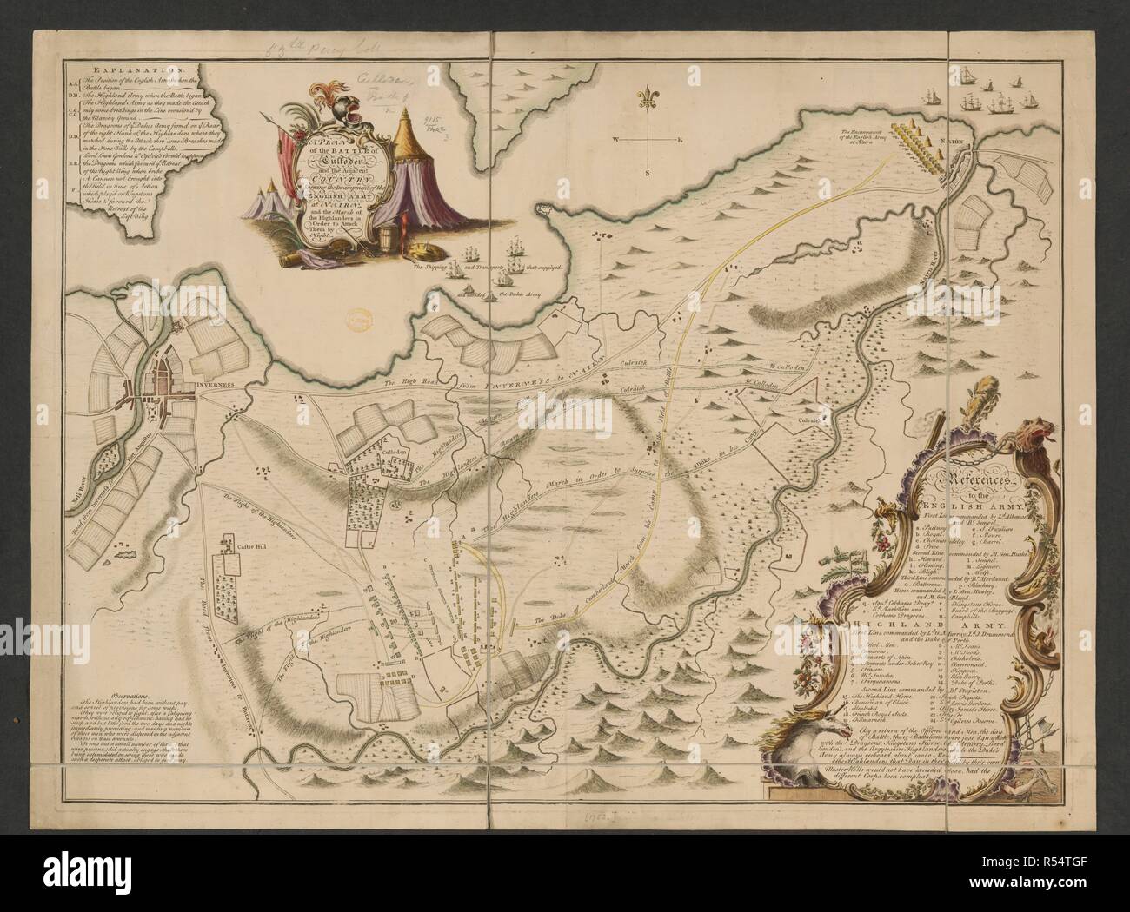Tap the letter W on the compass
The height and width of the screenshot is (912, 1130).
[x=613, y=139]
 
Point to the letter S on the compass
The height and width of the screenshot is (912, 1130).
[x=647, y=173]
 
